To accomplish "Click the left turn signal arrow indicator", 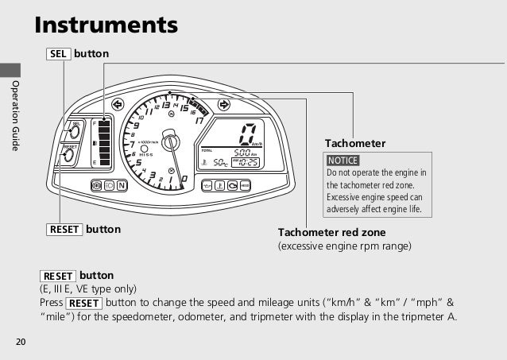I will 118,104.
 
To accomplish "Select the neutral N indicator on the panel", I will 122,186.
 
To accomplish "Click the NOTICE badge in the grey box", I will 343,161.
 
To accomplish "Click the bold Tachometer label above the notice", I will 354,143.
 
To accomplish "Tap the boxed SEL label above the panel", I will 60,53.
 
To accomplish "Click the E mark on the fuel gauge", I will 95,161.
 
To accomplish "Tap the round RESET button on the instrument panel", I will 69,157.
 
